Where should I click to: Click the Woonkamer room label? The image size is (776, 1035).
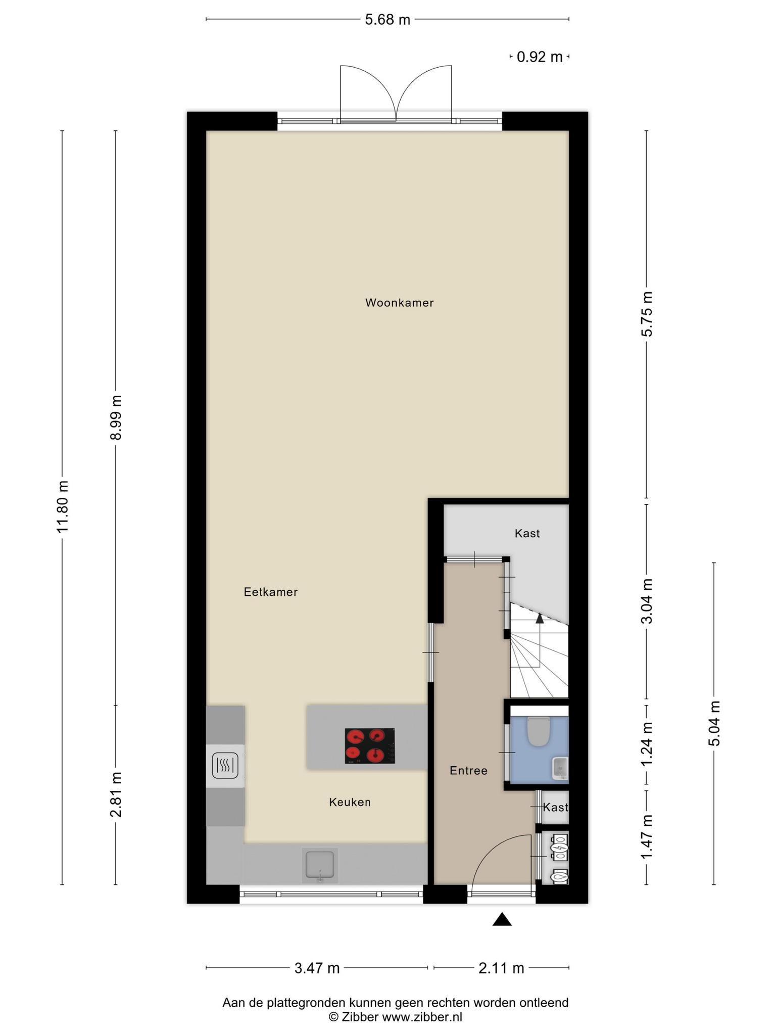tap(399, 303)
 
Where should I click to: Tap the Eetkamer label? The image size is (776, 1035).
tap(271, 592)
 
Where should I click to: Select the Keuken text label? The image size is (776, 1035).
tap(350, 802)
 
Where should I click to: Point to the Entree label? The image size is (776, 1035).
tap(468, 771)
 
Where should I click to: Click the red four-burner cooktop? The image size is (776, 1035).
tap(370, 745)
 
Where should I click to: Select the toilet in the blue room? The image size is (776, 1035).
tap(538, 731)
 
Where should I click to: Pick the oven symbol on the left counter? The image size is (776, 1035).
tap(225, 765)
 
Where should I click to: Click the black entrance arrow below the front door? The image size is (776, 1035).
tap(502, 919)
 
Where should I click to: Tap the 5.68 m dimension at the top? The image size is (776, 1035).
tap(387, 20)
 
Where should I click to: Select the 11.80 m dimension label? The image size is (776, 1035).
tap(63, 506)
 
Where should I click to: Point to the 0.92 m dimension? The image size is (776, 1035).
tap(540, 57)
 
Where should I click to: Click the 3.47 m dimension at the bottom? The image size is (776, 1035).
tap(317, 968)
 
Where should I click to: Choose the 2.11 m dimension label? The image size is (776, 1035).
tap(501, 968)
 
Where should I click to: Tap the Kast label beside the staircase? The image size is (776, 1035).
tap(527, 533)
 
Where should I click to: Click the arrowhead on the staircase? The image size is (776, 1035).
tap(540, 618)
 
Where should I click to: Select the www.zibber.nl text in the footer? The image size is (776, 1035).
tap(422, 1017)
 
